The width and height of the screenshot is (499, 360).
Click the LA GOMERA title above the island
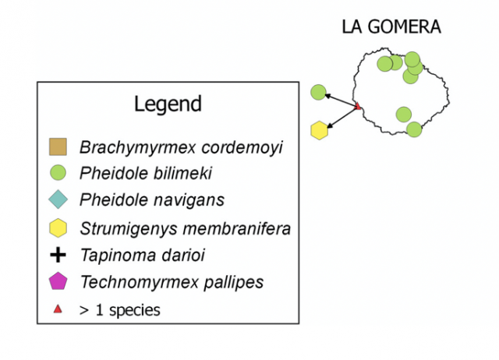click(x=391, y=27)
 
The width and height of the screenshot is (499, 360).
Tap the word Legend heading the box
click(x=168, y=104)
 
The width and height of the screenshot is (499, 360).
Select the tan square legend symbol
click(x=58, y=146)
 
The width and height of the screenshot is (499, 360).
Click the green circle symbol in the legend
click(x=58, y=172)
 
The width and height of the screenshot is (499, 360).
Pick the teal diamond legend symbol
click(x=58, y=199)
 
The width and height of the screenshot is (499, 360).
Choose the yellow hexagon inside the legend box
click(x=58, y=228)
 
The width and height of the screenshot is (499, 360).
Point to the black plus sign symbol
click(x=58, y=254)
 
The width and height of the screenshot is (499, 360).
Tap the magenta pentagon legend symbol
click(x=58, y=281)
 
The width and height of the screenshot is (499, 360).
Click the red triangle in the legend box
click(x=58, y=309)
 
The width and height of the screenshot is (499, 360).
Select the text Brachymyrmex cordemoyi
click(x=181, y=146)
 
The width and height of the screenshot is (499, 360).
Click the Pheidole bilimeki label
click(x=146, y=173)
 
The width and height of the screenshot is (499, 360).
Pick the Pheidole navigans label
click(x=152, y=199)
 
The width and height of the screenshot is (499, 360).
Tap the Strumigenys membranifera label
click(x=186, y=228)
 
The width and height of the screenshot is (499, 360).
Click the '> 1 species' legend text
click(x=119, y=309)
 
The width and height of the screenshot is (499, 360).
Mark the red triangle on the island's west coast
click(x=357, y=106)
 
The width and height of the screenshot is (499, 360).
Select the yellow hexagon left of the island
click(x=319, y=130)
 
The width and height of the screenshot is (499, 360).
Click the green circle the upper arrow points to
click(x=318, y=92)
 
